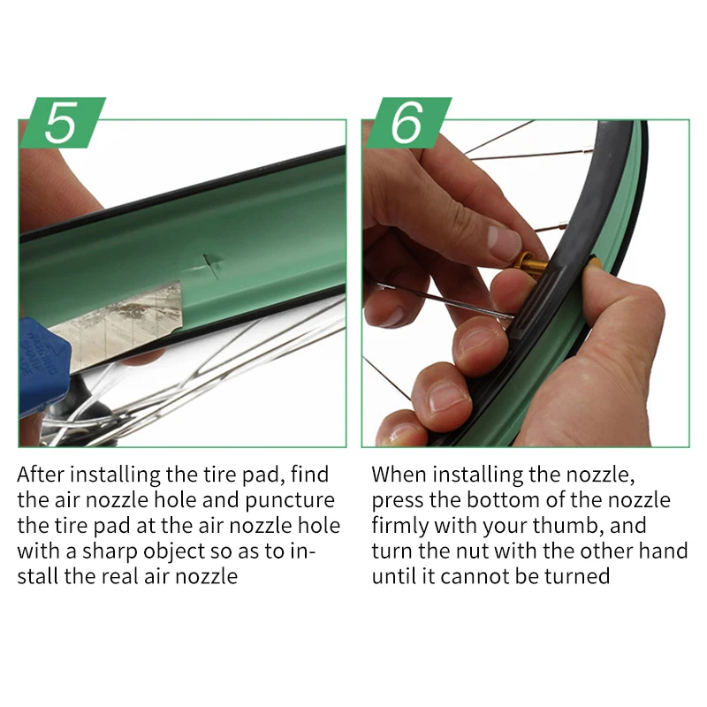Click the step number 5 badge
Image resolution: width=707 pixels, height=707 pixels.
pyautogui.click(x=63, y=122)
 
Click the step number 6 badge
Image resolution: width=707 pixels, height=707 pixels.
pyautogui.click(x=408, y=122)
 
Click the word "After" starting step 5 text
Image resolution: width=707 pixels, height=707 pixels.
pyautogui.click(x=41, y=475)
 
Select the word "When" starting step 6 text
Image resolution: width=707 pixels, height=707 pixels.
pyautogui.click(x=399, y=475)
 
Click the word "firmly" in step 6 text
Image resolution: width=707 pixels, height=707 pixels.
pyautogui.click(x=400, y=526)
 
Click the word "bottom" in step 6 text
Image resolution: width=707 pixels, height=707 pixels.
pyautogui.click(x=503, y=500)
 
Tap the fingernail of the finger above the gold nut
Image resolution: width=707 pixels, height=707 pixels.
pyautogui.click(x=504, y=242)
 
